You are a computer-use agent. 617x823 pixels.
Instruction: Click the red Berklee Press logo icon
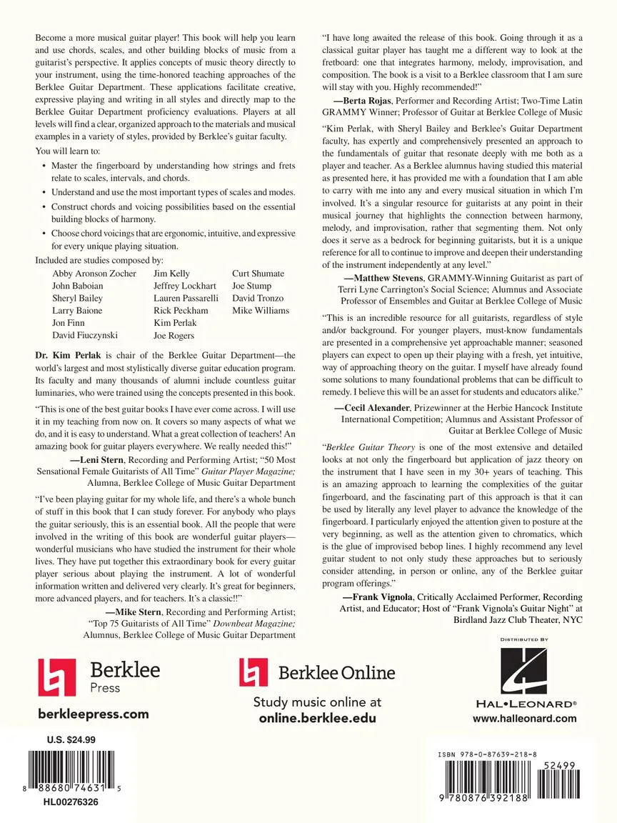click(x=56, y=677)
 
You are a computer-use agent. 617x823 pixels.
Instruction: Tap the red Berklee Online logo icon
click(x=254, y=672)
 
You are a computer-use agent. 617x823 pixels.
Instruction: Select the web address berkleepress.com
click(x=93, y=714)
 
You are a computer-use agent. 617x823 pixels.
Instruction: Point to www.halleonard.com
click(x=524, y=719)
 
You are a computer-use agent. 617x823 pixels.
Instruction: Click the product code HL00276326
click(x=71, y=803)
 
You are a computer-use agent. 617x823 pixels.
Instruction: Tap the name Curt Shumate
click(x=258, y=274)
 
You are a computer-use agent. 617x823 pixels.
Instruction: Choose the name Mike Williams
click(x=261, y=310)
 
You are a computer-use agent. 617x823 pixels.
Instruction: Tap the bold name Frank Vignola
click(x=377, y=595)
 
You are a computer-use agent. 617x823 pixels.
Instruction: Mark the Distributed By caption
click(x=524, y=639)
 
